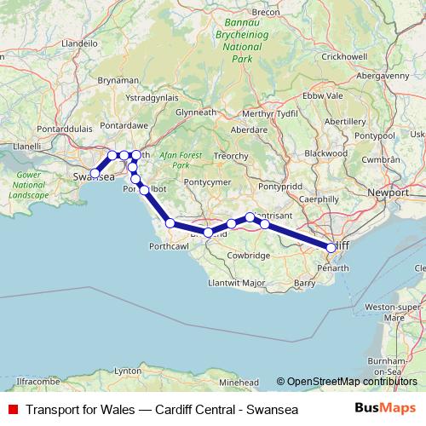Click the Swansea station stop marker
[95, 173]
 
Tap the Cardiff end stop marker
[331, 248]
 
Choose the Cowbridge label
[250, 255]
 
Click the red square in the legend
[13, 410]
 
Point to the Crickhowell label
[343, 55]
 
